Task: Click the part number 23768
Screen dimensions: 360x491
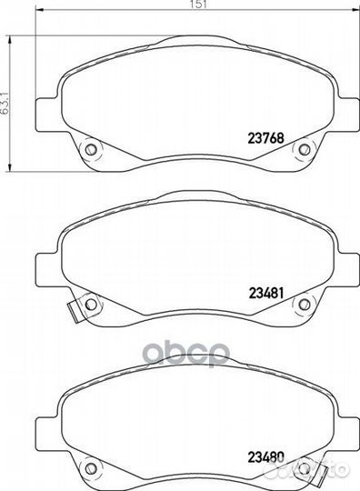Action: pyautogui.click(x=265, y=138)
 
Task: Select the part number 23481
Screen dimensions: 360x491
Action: pyautogui.click(x=266, y=293)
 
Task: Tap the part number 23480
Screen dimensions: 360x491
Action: pyautogui.click(x=266, y=456)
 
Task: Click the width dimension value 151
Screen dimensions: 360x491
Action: pyautogui.click(x=198, y=4)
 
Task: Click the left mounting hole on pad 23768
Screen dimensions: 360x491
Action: pyautogui.click(x=91, y=149)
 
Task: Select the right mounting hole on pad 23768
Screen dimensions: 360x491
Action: pyautogui.click(x=304, y=149)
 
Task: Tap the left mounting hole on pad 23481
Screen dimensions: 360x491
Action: pyautogui.click(x=91, y=304)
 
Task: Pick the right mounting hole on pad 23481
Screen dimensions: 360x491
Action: pyautogui.click(x=304, y=304)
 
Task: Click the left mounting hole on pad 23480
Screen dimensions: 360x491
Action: pyautogui.click(x=91, y=468)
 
